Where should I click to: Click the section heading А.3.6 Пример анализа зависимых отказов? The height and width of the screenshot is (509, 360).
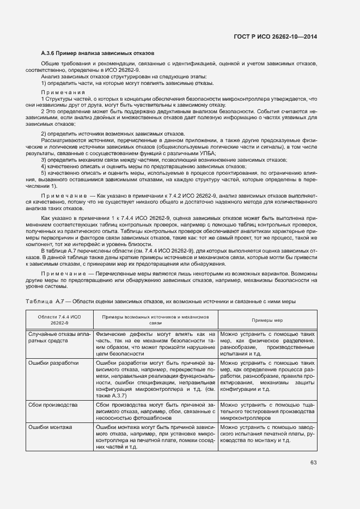coord(97,53)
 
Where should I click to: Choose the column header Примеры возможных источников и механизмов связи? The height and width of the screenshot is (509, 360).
coord(156,320)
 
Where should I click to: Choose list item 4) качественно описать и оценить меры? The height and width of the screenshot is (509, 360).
coord(143,166)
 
